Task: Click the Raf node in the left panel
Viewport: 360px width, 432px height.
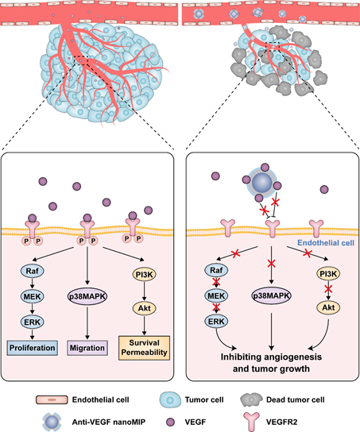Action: click(x=33, y=271)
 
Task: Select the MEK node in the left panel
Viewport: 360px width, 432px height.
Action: click(x=33, y=296)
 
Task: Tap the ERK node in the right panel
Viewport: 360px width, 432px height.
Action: click(x=216, y=322)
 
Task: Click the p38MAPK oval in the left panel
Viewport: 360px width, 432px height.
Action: click(x=87, y=296)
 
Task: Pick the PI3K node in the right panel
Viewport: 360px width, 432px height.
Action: click(x=328, y=274)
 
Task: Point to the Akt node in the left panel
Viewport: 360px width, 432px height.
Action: click(x=145, y=308)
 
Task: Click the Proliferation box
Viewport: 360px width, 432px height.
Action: click(x=33, y=348)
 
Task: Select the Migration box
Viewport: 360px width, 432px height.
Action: click(x=87, y=348)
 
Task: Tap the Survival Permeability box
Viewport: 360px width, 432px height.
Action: click(x=144, y=348)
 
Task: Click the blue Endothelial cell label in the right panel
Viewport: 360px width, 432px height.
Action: click(x=326, y=243)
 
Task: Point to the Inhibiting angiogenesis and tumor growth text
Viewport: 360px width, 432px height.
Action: click(x=271, y=363)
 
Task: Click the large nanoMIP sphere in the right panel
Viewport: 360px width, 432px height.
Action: click(x=262, y=183)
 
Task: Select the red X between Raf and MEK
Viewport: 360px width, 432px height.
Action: click(x=216, y=282)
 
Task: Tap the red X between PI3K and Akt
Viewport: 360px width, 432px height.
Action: click(x=328, y=289)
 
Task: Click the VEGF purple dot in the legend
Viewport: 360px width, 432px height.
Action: click(x=171, y=422)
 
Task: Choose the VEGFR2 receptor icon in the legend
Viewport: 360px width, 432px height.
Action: click(x=252, y=422)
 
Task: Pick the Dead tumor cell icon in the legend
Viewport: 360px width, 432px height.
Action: click(x=251, y=400)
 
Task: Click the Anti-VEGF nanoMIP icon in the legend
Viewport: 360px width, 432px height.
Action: click(x=52, y=422)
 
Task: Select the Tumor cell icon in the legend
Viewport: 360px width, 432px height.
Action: click(x=171, y=399)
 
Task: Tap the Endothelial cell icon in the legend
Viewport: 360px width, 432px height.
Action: click(x=52, y=399)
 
